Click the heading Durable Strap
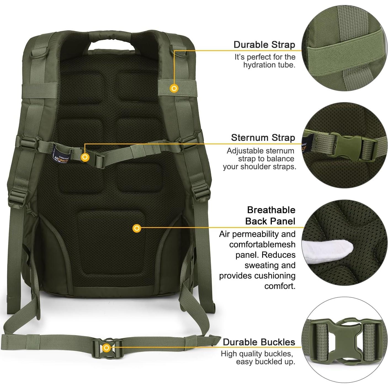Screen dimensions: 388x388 [264, 45]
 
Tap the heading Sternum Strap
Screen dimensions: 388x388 [263, 138]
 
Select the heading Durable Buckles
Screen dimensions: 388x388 [259, 342]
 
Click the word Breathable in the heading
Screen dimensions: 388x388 [271, 210]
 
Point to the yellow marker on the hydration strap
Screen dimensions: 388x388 [174, 88]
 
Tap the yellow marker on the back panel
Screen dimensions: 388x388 [137, 228]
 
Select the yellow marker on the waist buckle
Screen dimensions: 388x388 [107, 348]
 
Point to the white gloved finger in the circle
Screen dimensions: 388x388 [327, 249]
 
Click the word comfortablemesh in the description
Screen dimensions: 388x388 [262, 245]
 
